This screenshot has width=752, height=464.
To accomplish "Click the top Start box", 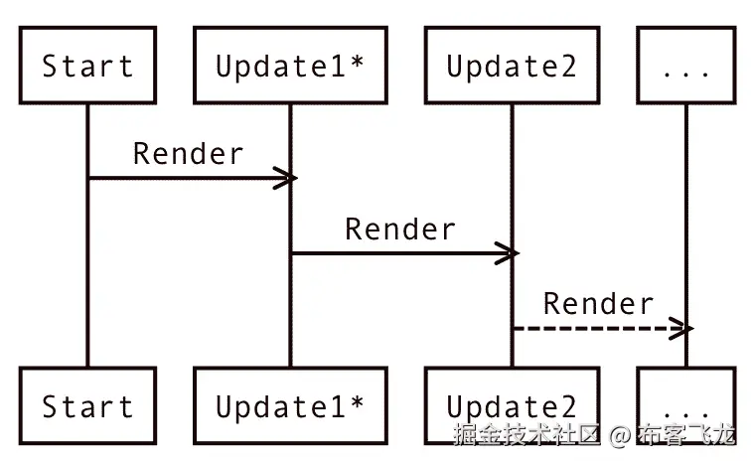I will [x=87, y=67].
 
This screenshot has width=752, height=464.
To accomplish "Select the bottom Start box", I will [x=87, y=405].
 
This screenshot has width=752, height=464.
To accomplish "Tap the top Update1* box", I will [x=290, y=67].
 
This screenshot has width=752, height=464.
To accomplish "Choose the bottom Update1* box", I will [x=290, y=405].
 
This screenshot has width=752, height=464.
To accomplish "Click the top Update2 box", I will [x=512, y=67].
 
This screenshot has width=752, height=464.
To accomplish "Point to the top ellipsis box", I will [x=685, y=67].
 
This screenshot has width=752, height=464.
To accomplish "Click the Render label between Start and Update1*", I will [x=188, y=154].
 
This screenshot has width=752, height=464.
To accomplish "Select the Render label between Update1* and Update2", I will [x=400, y=230].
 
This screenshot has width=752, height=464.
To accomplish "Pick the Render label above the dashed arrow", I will [x=598, y=304].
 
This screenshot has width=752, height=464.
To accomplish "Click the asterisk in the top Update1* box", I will [x=355, y=65].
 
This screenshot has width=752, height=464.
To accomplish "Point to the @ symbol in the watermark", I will [x=619, y=435].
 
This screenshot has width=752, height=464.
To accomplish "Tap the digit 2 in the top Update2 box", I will [x=565, y=67].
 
